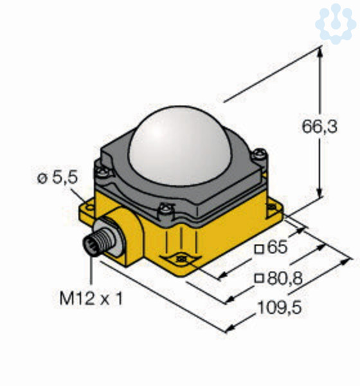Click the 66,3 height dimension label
319,127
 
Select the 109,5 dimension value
279,308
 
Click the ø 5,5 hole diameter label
57,178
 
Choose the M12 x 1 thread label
91,299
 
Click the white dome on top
179,145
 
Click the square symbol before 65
259,250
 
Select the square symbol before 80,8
259,279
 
